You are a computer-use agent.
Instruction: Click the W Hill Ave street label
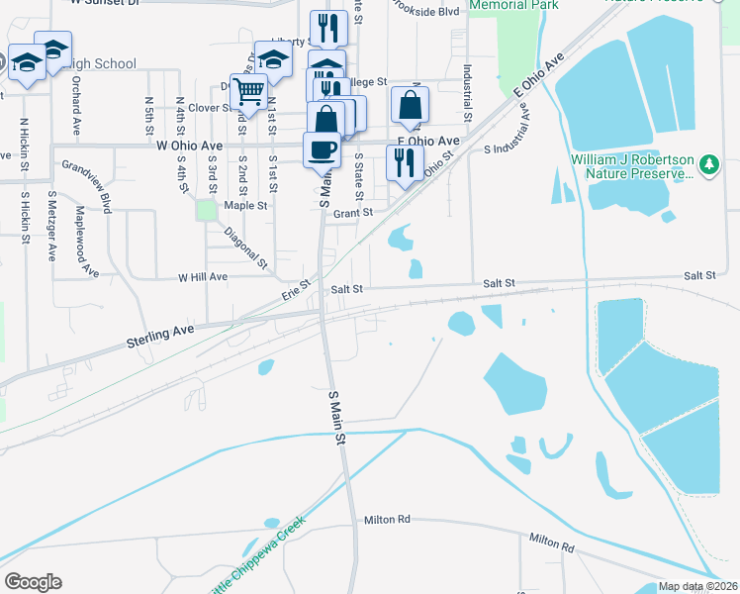point(203,278)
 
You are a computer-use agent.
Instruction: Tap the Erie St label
point(297,289)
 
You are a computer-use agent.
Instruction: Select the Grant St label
point(352,213)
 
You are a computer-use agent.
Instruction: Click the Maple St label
point(246,206)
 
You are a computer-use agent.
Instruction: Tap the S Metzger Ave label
point(52,226)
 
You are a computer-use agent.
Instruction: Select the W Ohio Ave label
point(189,145)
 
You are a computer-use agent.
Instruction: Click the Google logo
point(33,582)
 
